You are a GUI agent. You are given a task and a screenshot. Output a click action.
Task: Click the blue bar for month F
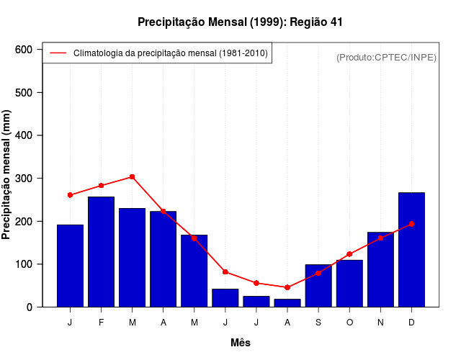101,251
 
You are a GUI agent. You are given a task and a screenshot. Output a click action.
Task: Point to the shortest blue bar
287,303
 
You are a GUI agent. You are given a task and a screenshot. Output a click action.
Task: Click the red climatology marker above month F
101,186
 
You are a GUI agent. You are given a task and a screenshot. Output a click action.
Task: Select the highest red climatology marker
132,176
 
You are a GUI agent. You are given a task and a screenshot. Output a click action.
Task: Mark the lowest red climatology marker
287,287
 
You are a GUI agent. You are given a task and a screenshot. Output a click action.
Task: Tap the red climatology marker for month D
411,224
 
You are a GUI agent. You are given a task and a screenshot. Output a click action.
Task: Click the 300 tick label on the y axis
24,179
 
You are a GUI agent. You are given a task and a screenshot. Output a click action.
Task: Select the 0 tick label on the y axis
30,307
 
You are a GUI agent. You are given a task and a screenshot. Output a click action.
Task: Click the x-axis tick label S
318,323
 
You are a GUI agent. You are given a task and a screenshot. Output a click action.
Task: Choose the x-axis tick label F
101,323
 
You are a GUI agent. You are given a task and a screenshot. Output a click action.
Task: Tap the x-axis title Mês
241,343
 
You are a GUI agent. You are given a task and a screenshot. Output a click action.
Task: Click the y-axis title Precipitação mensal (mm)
7,175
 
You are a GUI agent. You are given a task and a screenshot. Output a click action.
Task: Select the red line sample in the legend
58,53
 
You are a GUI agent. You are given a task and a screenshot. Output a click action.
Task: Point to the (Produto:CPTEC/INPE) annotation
387,58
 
